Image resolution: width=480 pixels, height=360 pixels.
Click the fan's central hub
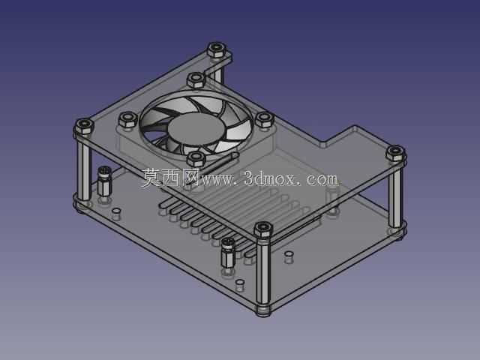[x=196, y=128]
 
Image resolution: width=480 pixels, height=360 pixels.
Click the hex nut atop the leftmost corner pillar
[x=84, y=126]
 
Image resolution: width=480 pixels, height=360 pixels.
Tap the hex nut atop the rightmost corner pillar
[x=395, y=153]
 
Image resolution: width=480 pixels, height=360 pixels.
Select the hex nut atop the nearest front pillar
[x=263, y=229]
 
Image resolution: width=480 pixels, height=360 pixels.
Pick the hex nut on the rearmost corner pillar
[x=217, y=49]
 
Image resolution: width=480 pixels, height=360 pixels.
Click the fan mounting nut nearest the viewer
[x=196, y=159]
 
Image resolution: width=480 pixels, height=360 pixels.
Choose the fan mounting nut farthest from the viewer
[x=196, y=80]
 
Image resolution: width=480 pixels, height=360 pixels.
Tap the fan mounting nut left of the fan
[x=127, y=119]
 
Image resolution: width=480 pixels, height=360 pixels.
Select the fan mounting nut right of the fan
[x=265, y=119]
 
